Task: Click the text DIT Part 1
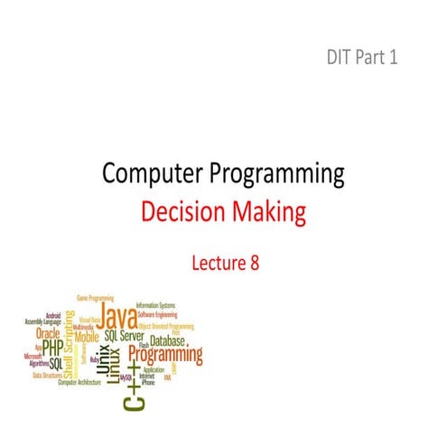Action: (361, 59)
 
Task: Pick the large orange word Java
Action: (116, 317)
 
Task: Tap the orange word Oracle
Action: (47, 331)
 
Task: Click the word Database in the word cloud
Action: (167, 341)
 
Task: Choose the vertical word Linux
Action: (112, 361)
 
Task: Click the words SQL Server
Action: (124, 335)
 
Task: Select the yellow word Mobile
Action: (87, 336)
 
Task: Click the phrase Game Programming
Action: (94, 298)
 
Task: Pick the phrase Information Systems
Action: (154, 304)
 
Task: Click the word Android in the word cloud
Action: (53, 315)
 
